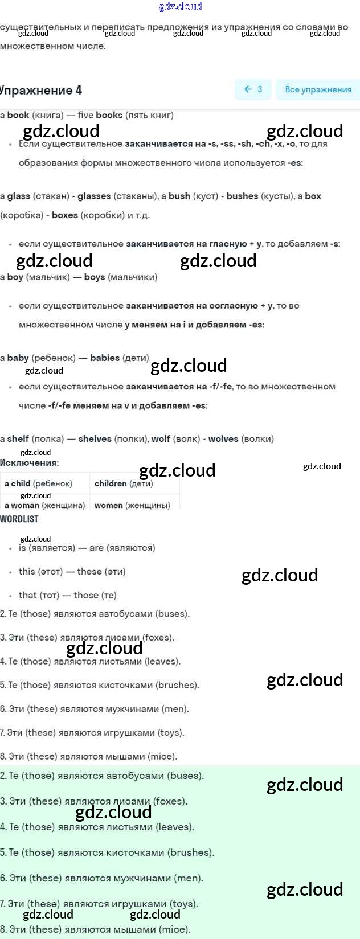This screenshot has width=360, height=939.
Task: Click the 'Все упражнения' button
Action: pos(318,89)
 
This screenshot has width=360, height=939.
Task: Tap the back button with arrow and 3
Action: pos(253,89)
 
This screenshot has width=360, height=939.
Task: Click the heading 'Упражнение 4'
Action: pos(41,90)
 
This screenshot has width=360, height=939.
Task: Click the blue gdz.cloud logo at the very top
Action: pos(180,6)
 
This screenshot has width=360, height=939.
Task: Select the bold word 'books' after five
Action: pos(109,115)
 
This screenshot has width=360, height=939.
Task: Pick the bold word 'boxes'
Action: pos(65,215)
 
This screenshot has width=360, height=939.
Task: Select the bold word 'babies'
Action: pos(105,358)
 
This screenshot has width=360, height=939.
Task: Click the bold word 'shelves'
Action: pos(95,439)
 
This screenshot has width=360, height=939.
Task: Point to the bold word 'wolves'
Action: pos(223,439)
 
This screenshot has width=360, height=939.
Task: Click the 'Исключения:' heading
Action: pos(30,462)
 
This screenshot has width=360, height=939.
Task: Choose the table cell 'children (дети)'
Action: pos(124,483)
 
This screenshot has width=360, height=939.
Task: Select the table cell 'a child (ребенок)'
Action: pos(38,483)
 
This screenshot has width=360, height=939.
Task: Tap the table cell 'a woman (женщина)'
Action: pos(44,505)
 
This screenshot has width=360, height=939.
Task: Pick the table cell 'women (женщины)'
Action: pos(132,505)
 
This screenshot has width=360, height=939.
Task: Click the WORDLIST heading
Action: pos(19,519)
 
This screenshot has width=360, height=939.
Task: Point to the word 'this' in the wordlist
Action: pos(27,572)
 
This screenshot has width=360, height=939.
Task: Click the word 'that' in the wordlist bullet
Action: pos(28,595)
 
